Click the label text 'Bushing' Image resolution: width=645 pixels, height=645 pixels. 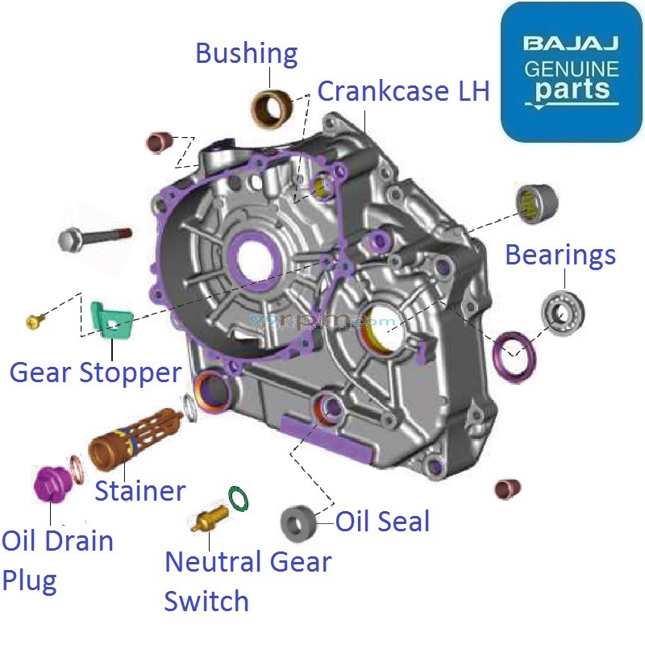pos(247,55)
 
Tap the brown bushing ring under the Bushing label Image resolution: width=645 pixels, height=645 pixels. pos(273,107)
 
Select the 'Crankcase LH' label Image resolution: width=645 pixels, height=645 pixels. pos(403,91)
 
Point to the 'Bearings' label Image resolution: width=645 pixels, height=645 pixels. pos(560,256)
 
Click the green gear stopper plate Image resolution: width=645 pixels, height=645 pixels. pos(110,321)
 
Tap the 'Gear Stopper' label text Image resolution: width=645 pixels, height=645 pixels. pos(95,372)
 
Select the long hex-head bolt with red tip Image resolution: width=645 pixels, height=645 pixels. pos(93,238)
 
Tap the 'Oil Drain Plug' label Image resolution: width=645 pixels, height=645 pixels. pos(56,560)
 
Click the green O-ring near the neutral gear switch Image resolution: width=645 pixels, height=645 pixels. pos(239,498)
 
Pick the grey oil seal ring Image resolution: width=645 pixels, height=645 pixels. pos(298,525)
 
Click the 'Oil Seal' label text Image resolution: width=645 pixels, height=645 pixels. pos(382,522)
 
